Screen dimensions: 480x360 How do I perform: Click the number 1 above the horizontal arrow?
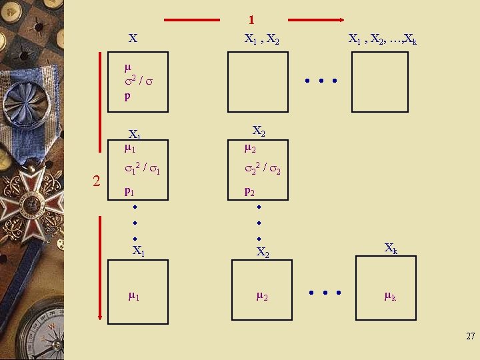[x=251, y=21]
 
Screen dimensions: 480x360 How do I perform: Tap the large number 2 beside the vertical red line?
[x=97, y=181]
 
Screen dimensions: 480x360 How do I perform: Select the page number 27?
[x=470, y=337]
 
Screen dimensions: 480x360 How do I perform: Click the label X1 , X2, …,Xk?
[x=383, y=39]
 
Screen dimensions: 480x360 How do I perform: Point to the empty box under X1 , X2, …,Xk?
[x=379, y=81]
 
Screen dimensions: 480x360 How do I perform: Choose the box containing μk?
[x=385, y=291]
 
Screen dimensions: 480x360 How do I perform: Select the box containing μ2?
[x=261, y=291]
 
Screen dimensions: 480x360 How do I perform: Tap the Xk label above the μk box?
[x=391, y=247]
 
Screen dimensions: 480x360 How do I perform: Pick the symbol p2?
[x=249, y=191]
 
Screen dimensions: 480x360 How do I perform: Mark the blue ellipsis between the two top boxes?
[x=320, y=82]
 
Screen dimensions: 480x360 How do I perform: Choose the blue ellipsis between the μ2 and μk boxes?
[x=325, y=292]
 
